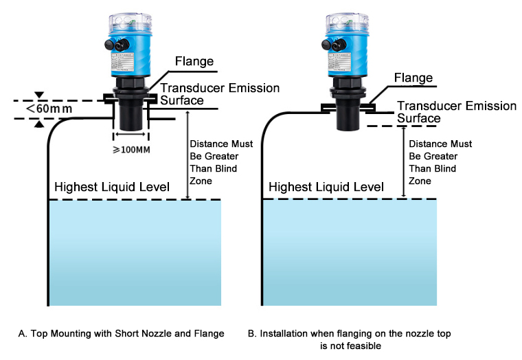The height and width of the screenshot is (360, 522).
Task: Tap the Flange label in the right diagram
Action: (x=413, y=78)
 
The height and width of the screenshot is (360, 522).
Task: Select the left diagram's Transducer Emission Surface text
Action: (x=220, y=94)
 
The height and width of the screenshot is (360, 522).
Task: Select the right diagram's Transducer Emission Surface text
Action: (x=457, y=112)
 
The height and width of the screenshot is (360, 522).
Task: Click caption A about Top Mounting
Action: (x=122, y=333)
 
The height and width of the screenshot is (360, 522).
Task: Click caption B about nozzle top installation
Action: (x=350, y=339)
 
